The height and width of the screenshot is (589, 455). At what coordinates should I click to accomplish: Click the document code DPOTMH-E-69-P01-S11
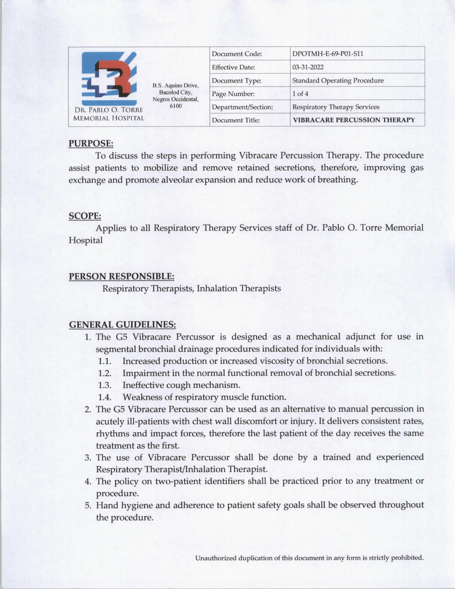coord(327,54)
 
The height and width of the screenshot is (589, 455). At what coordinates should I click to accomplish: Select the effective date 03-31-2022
coord(308,67)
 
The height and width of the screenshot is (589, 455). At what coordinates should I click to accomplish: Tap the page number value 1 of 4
coord(300,94)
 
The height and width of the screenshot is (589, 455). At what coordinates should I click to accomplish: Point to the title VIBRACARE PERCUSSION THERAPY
coord(354,120)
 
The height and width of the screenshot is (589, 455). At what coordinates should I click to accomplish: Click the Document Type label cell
coord(236,81)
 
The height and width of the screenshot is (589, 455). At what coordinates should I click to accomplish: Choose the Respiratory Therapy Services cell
coord(335,107)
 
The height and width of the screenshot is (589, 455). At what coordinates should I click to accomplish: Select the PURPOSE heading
coord(91,144)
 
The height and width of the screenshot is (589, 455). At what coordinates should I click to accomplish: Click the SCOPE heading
coord(85,216)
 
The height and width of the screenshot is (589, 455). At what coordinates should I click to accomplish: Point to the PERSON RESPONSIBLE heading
coord(121,277)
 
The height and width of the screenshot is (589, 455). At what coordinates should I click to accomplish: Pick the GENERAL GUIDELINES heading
coord(122,325)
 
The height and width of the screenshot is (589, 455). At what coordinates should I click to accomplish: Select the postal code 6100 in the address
coord(176,106)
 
